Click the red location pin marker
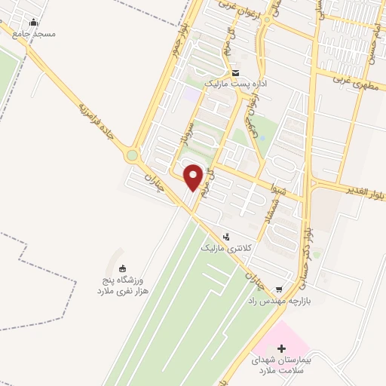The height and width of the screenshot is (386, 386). coord(194,178)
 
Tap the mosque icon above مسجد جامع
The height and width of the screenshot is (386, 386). coord(33,22)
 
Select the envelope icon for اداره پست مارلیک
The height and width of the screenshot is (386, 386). coord(235,73)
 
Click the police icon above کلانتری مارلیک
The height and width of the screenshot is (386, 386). coord(225,236)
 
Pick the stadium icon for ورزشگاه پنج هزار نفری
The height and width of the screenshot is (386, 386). coord(123,268)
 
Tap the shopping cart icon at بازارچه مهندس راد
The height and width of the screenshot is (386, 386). coord(279,289)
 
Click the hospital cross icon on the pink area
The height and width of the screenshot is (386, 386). coord(282,349)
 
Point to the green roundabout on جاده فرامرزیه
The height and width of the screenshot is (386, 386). coord(133,155)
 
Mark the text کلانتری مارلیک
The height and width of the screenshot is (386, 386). coord(222,248)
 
